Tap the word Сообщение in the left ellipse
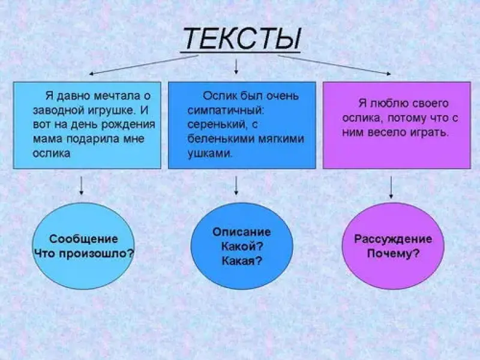[83, 238]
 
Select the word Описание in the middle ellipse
[241, 232]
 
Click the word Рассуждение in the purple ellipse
[393, 239]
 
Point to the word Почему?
[393, 253]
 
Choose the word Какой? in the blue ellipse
[242, 246]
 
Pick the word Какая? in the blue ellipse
[242, 260]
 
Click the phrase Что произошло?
[83, 253]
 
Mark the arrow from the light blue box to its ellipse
[82, 185]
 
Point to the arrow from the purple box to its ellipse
[391, 187]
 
